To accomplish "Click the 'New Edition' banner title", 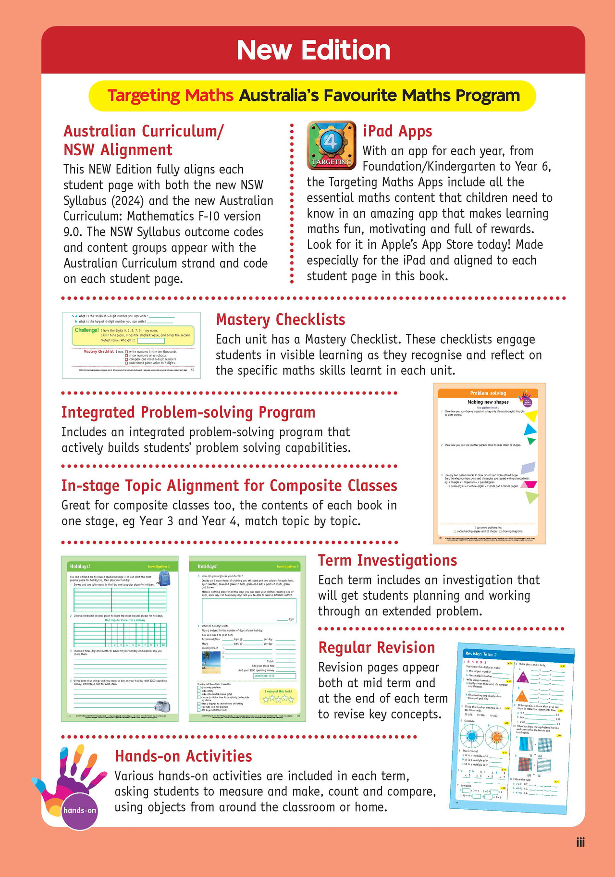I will click(313, 50).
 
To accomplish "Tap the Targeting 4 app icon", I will click(332, 145).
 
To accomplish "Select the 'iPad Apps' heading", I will click(397, 131).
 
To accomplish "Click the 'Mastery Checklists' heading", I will click(281, 320).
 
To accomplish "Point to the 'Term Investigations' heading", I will click(387, 560).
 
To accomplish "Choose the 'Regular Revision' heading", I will click(377, 648).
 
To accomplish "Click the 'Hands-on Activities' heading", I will click(183, 756).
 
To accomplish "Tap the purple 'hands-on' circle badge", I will click(80, 810).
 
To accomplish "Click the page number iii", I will click(580, 842).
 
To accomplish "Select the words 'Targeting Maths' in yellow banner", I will click(170, 96).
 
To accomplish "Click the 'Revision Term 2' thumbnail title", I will click(481, 654).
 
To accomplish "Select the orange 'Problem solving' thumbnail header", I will click(488, 393).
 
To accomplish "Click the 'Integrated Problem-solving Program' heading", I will click(188, 412).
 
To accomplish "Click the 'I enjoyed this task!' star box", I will click(278, 696).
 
